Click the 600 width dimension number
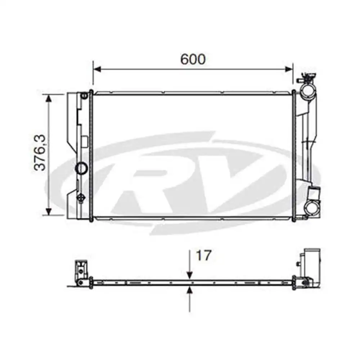click(x=193, y=59)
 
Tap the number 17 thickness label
click(x=203, y=256)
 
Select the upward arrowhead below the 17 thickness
click(x=190, y=290)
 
